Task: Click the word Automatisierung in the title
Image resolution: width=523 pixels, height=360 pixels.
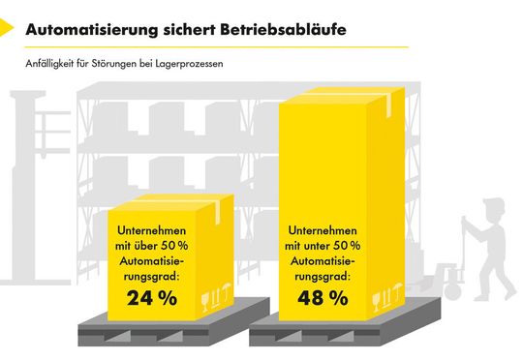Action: [87, 30]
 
